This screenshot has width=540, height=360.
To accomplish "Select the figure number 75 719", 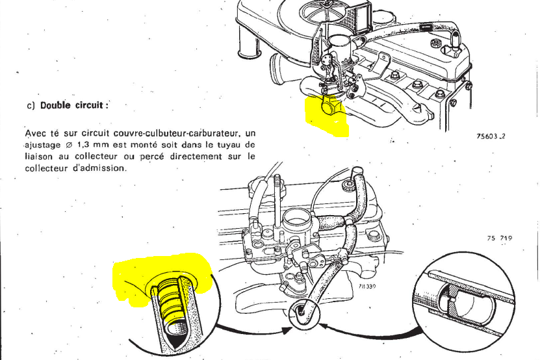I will (x=499, y=238).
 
